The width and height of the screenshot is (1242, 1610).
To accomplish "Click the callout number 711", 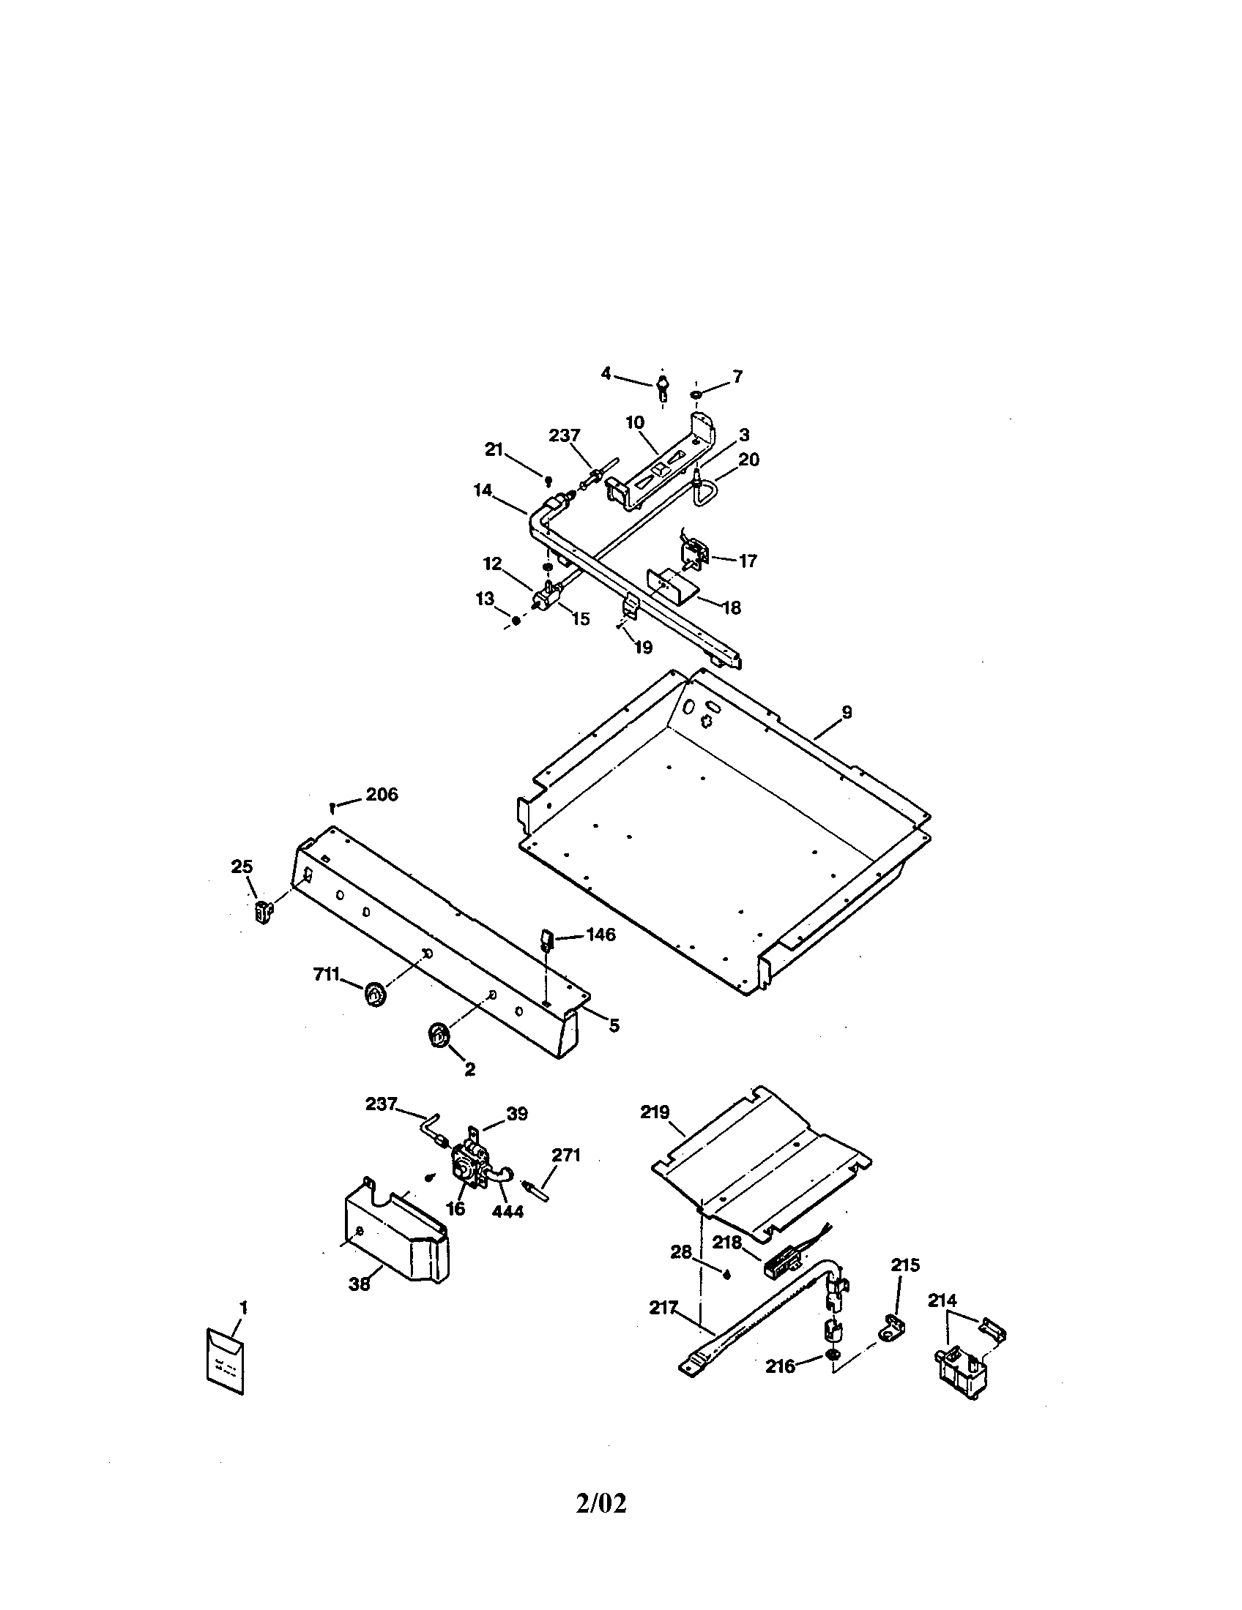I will [326, 974].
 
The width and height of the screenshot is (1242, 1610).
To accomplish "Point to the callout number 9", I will [847, 712].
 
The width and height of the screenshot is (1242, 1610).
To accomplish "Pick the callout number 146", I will [600, 935].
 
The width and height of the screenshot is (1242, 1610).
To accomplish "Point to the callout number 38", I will [359, 1284].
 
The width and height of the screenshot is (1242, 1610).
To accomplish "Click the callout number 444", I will [507, 1211].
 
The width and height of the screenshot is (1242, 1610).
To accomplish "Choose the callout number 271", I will [566, 1155].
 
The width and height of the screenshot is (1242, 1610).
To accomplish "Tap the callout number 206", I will [382, 794].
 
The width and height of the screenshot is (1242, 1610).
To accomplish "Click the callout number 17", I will [747, 561].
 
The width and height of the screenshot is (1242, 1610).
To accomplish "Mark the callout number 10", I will [635, 422].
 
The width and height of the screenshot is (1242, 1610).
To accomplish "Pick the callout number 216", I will [780, 1366].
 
